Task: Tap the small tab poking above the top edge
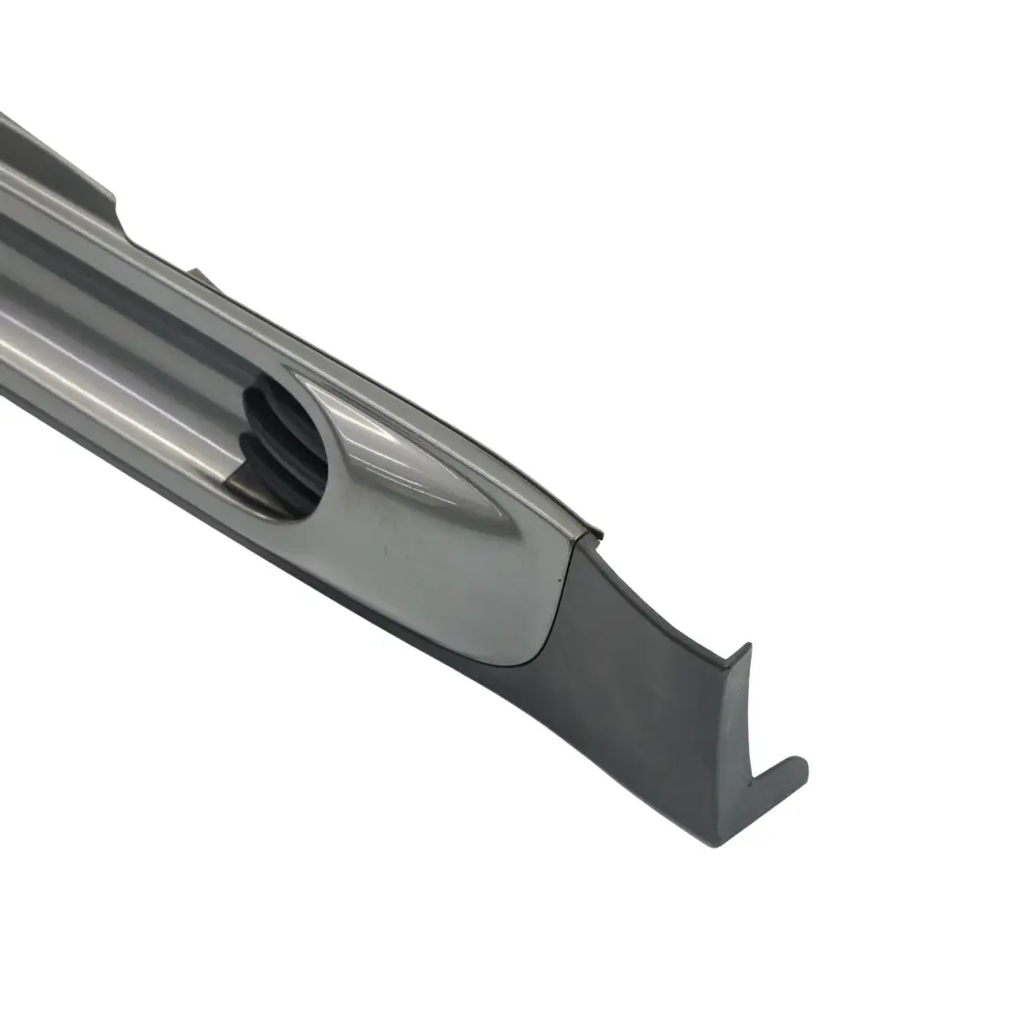(198, 276)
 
